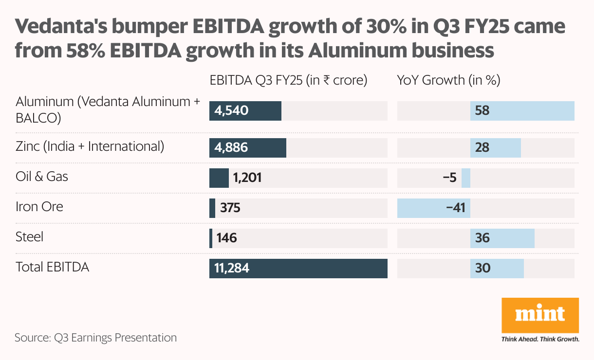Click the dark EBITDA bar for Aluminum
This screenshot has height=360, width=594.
pos(245,111)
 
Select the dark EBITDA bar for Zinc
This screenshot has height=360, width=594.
pos(248,148)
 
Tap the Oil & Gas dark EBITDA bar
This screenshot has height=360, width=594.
pos(219,178)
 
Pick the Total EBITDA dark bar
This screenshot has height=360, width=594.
pos(298,269)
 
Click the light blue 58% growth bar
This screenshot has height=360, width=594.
pos(522,111)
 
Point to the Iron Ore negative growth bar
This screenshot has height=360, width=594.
pos(433,208)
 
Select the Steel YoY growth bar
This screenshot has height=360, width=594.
pos(502,238)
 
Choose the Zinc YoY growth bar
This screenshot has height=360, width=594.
pos(495,148)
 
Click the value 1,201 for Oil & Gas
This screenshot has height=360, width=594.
pos(247,178)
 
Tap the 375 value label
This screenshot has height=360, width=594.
pos(230,208)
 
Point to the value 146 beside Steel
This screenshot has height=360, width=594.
pos(227,238)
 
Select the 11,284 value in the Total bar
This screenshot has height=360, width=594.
pos(232,269)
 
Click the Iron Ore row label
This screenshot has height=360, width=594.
pos(39,207)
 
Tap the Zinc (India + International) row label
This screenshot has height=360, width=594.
pos(90,146)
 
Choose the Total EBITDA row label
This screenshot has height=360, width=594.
pos(53,267)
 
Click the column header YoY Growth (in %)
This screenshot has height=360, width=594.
pos(449,80)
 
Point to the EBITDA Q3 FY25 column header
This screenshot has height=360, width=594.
pos(288,80)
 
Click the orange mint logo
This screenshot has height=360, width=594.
pos(540,314)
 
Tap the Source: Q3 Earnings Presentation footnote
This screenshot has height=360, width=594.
pos(95,338)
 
